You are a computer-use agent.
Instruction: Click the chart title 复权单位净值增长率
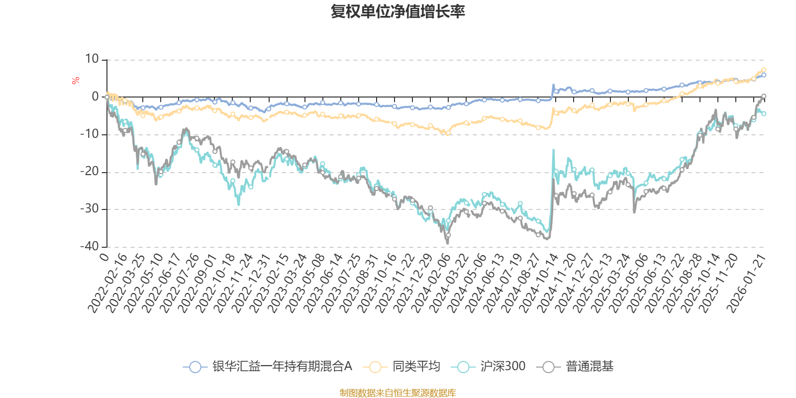point(398,11)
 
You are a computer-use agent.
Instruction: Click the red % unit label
point(76,81)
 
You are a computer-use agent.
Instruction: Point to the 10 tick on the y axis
point(92,59)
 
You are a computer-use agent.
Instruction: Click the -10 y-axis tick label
point(90,134)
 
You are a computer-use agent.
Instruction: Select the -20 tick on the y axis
point(90,172)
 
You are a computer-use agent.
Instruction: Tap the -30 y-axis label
point(90,209)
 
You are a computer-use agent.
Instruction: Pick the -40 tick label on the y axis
point(90,246)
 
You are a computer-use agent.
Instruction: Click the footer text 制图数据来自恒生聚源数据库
point(398,393)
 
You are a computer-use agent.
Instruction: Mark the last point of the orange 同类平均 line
point(764,70)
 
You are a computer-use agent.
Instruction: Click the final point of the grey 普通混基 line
point(764,96)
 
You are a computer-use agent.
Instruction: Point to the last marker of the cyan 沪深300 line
point(764,113)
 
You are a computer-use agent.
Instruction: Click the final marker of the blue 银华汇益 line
point(764,75)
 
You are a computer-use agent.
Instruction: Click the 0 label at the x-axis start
point(103,257)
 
